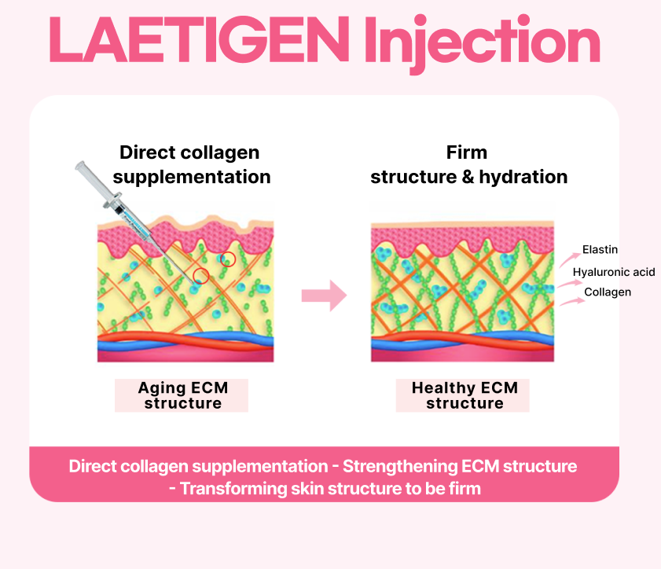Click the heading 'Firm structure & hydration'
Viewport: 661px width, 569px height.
click(468, 164)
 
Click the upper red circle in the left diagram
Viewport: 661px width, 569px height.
click(228, 259)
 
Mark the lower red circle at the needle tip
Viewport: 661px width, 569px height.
click(201, 276)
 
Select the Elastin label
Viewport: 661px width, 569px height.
click(600, 250)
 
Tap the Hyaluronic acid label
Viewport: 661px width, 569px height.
click(613, 272)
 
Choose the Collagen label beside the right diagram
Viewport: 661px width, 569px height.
click(608, 292)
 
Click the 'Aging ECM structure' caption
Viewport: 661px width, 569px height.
click(182, 395)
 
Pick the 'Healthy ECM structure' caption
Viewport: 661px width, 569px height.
click(464, 395)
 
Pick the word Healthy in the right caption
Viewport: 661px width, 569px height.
click(444, 387)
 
